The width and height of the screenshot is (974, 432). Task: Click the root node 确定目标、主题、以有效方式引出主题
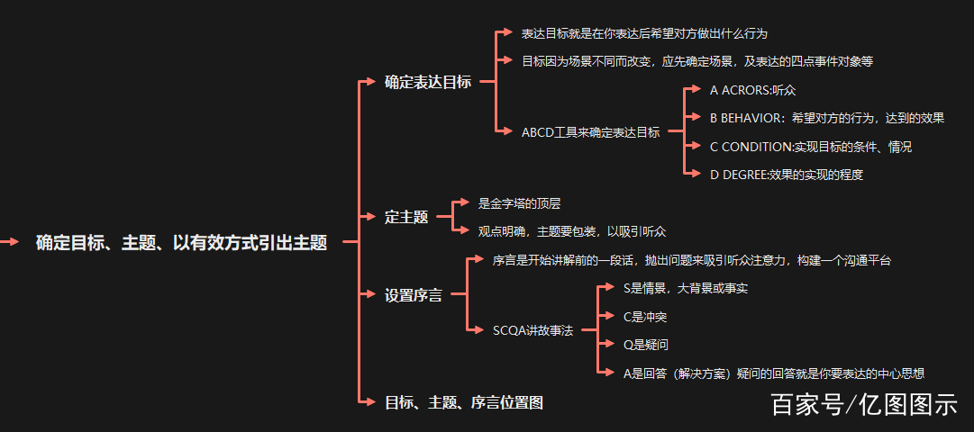pyautogui.click(x=181, y=242)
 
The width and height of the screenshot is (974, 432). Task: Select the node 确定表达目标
pyautogui.click(x=427, y=82)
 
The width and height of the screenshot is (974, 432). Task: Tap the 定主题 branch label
pyautogui.click(x=405, y=216)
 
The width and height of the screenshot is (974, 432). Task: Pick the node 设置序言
pyautogui.click(x=413, y=294)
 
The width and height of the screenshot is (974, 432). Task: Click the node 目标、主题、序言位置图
pyautogui.click(x=463, y=402)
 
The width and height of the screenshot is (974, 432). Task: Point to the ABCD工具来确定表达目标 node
pyautogui.click(x=590, y=131)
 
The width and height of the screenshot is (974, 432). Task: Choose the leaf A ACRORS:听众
pyautogui.click(x=752, y=90)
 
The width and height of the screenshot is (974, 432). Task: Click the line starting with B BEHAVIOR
pyautogui.click(x=826, y=118)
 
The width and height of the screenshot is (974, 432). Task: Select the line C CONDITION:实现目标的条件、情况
pyautogui.click(x=811, y=146)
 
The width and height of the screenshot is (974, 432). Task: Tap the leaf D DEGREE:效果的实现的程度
pyautogui.click(x=787, y=175)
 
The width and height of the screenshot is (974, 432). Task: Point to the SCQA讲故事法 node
pyautogui.click(x=533, y=329)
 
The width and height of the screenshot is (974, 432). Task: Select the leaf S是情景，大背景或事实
pyautogui.click(x=685, y=288)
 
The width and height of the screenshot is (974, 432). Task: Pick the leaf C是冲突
pyautogui.click(x=645, y=316)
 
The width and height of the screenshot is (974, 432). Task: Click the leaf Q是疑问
pyautogui.click(x=645, y=344)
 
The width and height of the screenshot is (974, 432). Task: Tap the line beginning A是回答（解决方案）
pyautogui.click(x=774, y=373)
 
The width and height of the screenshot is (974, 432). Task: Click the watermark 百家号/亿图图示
pyautogui.click(x=863, y=404)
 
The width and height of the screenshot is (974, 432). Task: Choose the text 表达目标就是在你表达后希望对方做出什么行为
pyautogui.click(x=644, y=33)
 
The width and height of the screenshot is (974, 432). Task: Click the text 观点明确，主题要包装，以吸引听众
pyautogui.click(x=572, y=231)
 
